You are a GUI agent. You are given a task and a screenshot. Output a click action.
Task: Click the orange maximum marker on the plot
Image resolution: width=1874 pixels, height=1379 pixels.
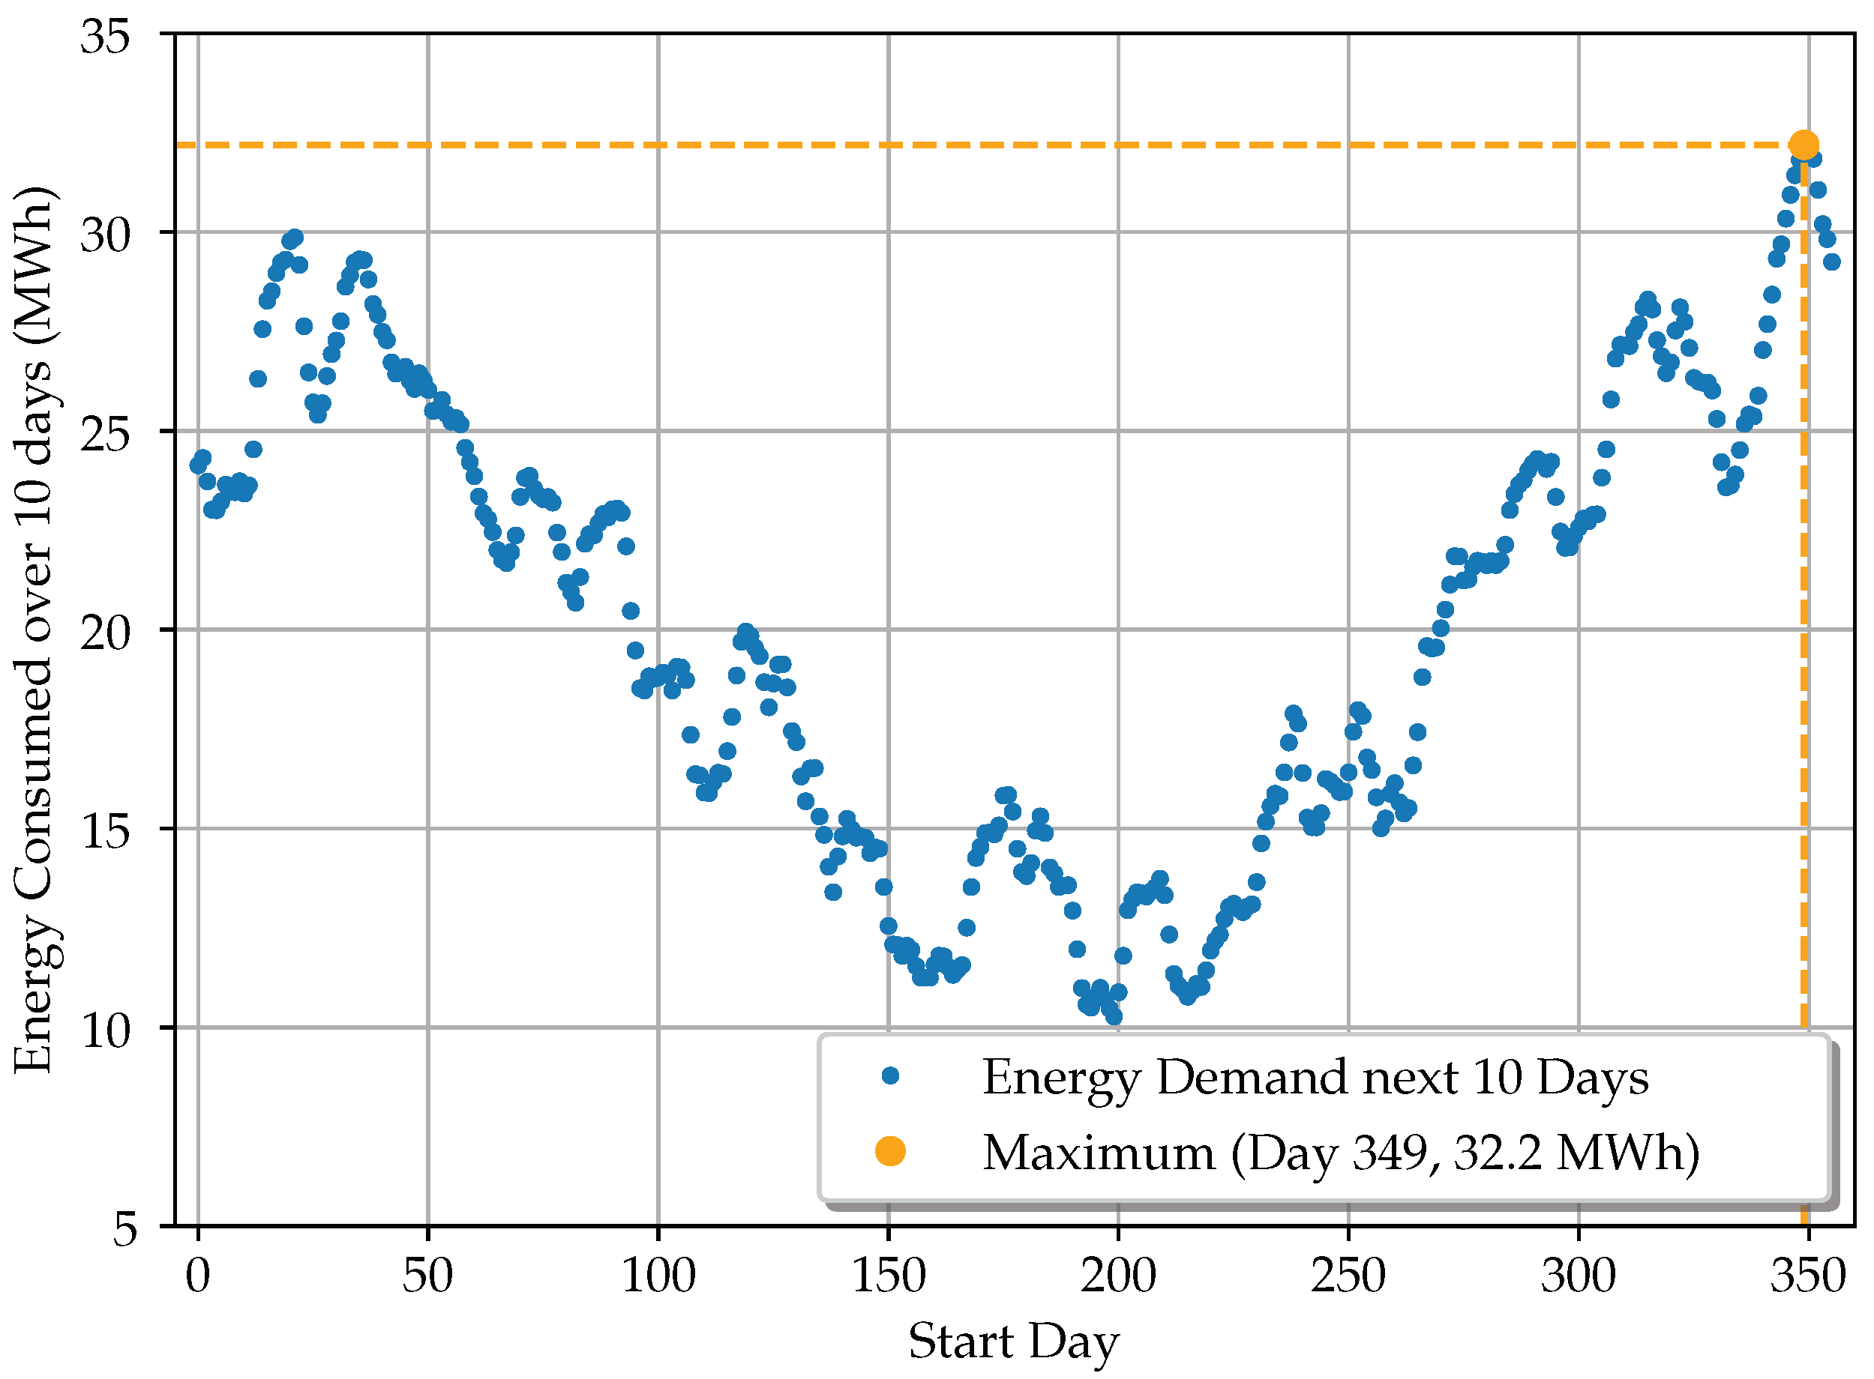[1804, 145]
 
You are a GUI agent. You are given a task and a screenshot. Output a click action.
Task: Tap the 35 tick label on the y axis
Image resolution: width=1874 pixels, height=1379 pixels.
[105, 36]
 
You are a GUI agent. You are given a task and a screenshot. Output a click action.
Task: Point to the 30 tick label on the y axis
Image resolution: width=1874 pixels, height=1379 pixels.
[105, 235]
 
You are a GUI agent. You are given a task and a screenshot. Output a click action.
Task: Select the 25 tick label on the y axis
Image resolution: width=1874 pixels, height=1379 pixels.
[105, 433]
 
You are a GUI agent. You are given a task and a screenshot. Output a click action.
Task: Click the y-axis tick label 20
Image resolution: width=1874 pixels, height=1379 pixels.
[105, 632]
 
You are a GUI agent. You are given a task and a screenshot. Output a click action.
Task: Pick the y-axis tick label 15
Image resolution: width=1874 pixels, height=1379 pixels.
[105, 830]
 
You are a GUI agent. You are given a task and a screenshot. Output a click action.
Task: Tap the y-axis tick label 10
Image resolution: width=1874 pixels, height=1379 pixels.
[105, 1029]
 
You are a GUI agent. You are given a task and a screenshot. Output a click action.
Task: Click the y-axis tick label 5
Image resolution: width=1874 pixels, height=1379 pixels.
[124, 1228]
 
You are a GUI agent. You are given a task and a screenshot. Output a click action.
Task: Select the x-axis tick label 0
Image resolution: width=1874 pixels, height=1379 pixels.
[198, 1276]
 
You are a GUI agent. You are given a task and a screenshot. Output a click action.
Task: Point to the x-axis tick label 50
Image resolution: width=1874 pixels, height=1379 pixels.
[427, 1276]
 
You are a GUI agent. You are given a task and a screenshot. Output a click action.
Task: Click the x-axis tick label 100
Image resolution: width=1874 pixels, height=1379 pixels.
[658, 1276]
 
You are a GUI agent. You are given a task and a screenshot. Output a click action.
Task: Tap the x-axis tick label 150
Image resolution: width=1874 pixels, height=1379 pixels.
[888, 1276]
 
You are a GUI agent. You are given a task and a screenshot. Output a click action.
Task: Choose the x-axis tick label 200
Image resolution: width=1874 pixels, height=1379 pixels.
[1118, 1276]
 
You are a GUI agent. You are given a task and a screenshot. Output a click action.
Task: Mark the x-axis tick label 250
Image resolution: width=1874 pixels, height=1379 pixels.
[1348, 1276]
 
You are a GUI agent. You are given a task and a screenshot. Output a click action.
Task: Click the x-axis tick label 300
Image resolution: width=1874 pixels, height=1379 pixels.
[1579, 1276]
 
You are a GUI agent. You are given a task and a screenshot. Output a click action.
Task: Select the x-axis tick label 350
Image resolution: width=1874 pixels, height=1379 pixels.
[1808, 1276]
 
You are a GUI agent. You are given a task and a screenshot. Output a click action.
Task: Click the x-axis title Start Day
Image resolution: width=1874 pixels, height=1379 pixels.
[1013, 1342]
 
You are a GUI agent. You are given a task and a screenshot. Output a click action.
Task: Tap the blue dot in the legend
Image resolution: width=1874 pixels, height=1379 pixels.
[890, 1076]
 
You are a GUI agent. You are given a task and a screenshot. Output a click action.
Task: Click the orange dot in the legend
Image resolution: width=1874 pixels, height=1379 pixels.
[890, 1152]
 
